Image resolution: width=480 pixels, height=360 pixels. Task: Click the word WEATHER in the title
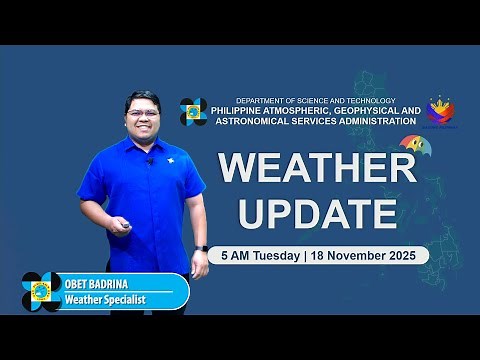tap(317, 168)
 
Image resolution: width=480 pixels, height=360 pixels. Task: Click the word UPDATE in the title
tap(317, 212)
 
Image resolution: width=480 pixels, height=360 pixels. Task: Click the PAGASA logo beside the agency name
tap(193, 111)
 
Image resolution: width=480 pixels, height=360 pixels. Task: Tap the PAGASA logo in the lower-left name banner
tap(41, 291)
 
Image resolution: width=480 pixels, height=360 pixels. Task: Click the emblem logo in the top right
tap(441, 110)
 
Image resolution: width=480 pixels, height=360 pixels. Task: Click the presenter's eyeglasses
tap(142, 114)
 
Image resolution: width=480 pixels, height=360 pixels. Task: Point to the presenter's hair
tap(142, 98)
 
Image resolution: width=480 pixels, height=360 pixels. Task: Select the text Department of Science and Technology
tap(315, 100)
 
